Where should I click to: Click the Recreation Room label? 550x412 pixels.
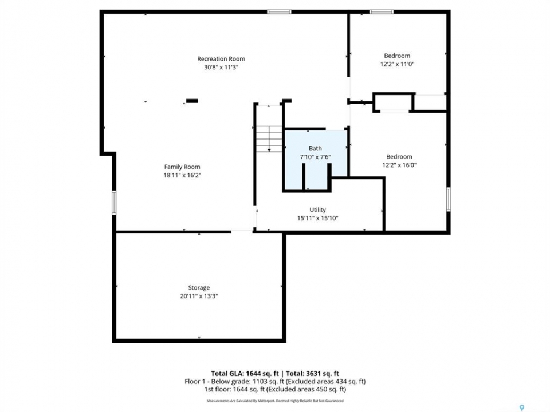point(221,59)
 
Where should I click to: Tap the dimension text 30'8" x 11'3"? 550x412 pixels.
point(221,68)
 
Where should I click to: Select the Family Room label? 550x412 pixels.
point(182,167)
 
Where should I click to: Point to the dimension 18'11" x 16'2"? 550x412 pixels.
point(182,175)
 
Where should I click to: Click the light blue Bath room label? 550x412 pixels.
point(315,149)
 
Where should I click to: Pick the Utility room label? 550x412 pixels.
point(317,209)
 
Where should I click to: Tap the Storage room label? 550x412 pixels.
point(199,288)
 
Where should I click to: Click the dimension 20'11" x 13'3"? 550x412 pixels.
point(199,296)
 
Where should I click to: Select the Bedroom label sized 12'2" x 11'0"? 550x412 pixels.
point(397,56)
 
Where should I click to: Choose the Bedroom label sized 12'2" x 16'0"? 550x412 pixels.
point(399,157)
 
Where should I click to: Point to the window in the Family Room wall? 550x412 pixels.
point(114,203)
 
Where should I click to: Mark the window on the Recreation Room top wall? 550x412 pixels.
point(279,12)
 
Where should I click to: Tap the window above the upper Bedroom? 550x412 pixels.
point(382,12)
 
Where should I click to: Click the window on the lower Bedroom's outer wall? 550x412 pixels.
point(448,199)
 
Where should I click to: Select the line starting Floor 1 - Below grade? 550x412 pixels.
point(275,381)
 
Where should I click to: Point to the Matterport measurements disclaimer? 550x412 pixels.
point(275,401)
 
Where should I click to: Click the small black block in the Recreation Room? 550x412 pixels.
point(192,101)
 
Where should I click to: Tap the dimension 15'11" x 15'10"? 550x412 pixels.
point(318,218)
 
